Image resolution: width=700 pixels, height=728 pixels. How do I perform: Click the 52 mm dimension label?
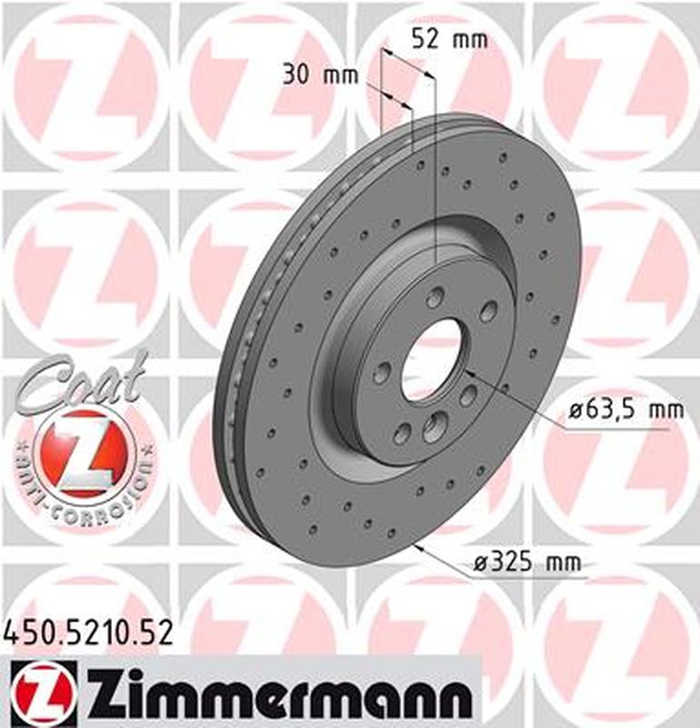tap(449, 39)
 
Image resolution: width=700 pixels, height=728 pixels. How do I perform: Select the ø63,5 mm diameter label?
tap(625, 410)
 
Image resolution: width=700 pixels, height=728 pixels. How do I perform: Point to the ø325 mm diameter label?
tap(526, 564)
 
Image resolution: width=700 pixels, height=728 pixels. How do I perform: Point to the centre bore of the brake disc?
tap(430, 360)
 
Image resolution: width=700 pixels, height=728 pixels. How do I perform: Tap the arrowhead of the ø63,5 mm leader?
tap(469, 372)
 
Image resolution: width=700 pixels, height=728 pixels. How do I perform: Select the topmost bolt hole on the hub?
tap(436, 298)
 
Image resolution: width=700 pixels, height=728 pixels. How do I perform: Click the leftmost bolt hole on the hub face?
tap(382, 371)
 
